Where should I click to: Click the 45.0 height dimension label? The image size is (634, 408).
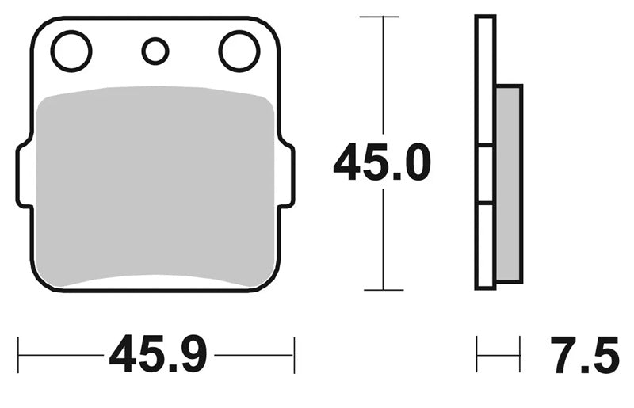pyautogui.click(x=382, y=162)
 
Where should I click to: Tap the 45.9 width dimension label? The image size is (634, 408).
pyautogui.click(x=158, y=353)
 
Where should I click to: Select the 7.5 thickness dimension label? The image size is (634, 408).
pyautogui.click(x=585, y=353)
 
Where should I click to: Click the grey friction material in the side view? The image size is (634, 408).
pyautogui.click(x=509, y=184)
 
